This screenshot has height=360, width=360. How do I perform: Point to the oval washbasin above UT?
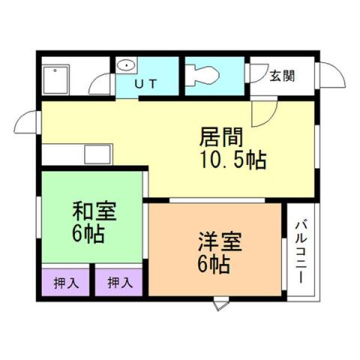point(126,66)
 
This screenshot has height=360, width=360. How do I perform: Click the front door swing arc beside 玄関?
point(327,75)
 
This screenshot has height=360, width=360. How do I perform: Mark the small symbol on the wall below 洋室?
point(219,304)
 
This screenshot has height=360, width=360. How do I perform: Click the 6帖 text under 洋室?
point(214,265)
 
